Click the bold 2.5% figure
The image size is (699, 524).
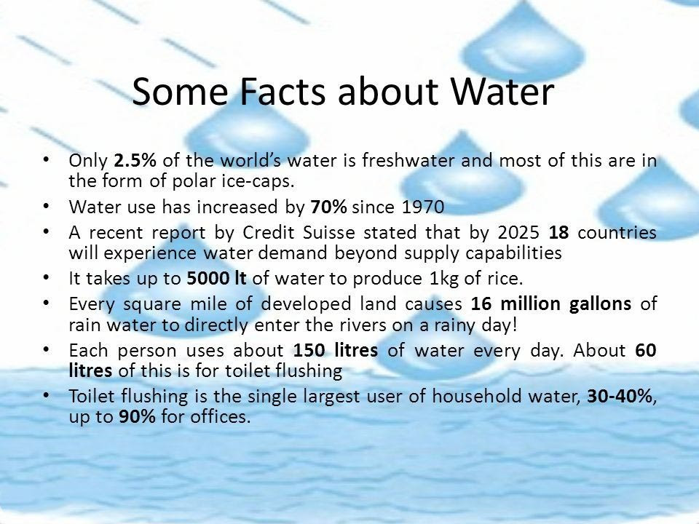(x=135, y=160)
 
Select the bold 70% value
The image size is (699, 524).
(x=328, y=207)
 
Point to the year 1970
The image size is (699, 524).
(x=423, y=207)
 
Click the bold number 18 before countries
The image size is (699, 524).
(x=558, y=233)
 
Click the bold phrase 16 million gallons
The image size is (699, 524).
(x=551, y=304)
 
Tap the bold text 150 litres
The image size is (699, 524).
(x=335, y=350)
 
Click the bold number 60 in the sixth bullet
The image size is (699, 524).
(x=646, y=350)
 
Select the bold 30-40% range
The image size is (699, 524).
(x=620, y=396)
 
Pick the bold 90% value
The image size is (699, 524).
(x=138, y=416)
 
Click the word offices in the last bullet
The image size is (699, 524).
(x=218, y=416)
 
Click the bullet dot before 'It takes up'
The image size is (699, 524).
(x=47, y=277)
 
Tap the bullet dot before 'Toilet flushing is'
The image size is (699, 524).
(x=47, y=394)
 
